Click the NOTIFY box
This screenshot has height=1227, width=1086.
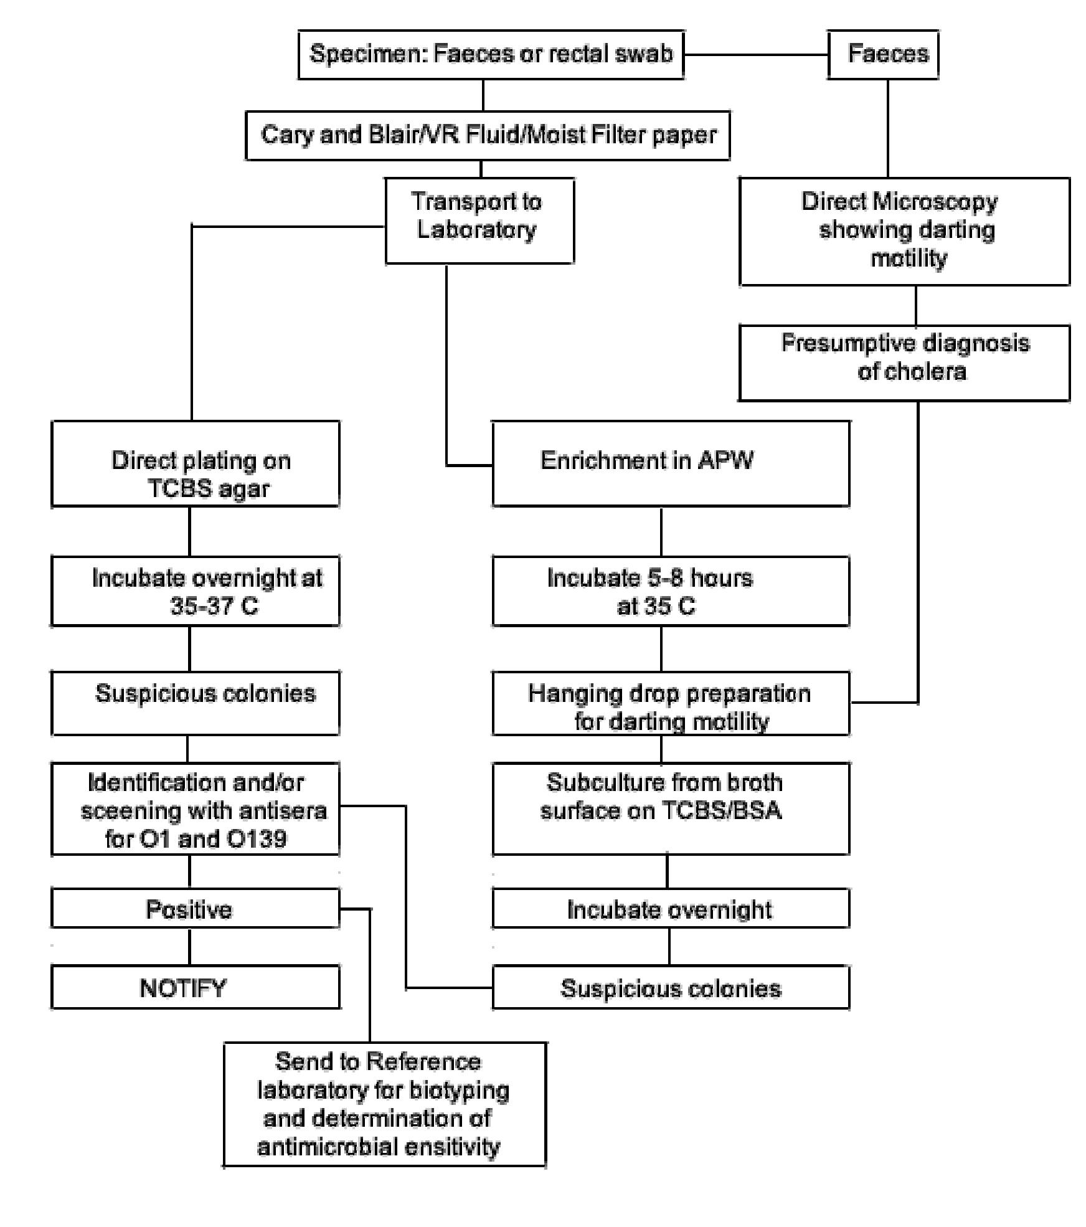[x=195, y=988]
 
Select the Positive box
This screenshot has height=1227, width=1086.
[x=195, y=909]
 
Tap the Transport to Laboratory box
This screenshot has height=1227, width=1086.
[x=479, y=220]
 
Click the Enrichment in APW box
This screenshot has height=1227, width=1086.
[x=670, y=463]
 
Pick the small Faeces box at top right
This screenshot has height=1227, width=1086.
[x=882, y=54]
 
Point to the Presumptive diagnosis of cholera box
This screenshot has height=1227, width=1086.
[x=904, y=362]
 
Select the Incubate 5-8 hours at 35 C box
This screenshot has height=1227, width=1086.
[x=670, y=590]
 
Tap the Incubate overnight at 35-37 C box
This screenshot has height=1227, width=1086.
[x=195, y=590]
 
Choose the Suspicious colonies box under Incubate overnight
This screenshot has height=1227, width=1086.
[x=670, y=988]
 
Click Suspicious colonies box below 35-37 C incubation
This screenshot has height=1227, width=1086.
[x=195, y=703]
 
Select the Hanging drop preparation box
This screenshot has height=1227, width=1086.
[x=670, y=703]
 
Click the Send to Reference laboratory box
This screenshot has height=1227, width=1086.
[x=384, y=1104]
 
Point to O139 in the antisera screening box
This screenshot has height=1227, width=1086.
[x=257, y=838]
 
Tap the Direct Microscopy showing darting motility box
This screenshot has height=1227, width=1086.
[x=904, y=231]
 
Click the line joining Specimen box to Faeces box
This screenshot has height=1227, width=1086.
[x=755, y=55]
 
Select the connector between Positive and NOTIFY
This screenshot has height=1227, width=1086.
[x=189, y=946]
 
